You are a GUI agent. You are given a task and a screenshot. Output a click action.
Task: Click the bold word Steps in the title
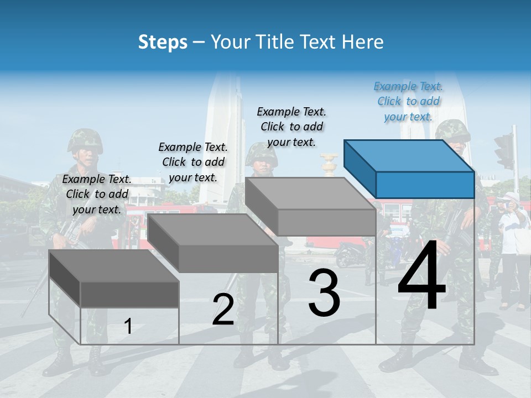(x=163, y=42)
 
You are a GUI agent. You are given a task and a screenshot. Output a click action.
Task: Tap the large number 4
(x=421, y=276)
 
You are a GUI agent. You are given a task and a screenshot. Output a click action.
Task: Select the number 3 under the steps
(x=324, y=293)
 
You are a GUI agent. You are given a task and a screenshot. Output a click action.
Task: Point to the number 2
(x=223, y=310)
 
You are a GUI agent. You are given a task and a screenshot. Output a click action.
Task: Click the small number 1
(x=128, y=326)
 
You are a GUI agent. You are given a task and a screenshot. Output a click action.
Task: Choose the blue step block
(x=409, y=169)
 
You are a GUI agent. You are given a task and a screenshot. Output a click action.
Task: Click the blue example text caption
(x=408, y=102)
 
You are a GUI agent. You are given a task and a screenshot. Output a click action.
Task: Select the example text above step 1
(x=97, y=195)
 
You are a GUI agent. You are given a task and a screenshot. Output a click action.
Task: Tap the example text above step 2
(x=193, y=163)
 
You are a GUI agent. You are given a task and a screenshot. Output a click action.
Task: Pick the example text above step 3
(x=291, y=127)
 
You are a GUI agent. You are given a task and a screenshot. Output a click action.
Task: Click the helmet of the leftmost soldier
(x=85, y=140)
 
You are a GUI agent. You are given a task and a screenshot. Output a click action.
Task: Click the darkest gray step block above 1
(x=114, y=279)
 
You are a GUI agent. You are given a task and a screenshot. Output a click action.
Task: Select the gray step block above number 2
(x=213, y=243)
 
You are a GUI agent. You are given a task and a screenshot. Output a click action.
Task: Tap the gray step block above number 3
(x=311, y=207)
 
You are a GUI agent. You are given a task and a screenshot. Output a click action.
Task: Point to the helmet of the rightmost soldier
(x=452, y=132)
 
